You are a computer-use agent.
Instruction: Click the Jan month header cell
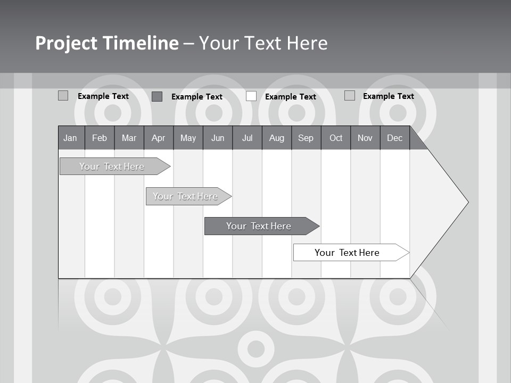tap(71, 138)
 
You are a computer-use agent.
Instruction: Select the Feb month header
tap(100, 138)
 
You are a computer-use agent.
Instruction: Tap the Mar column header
tap(129, 138)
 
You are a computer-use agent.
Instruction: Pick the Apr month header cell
tap(159, 138)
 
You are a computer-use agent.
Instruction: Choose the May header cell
tap(188, 138)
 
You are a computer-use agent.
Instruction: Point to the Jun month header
tap(218, 138)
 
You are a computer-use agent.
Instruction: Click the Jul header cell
tap(247, 138)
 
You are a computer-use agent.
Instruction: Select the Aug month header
tap(277, 138)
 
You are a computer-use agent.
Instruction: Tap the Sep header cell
tap(306, 138)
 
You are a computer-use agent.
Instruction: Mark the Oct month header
tap(336, 138)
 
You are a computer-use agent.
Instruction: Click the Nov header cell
tap(365, 138)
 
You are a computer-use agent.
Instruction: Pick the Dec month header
tap(395, 138)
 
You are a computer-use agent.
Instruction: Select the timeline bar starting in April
tap(186, 196)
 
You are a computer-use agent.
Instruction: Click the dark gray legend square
tap(157, 96)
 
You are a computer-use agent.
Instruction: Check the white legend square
tap(251, 96)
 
